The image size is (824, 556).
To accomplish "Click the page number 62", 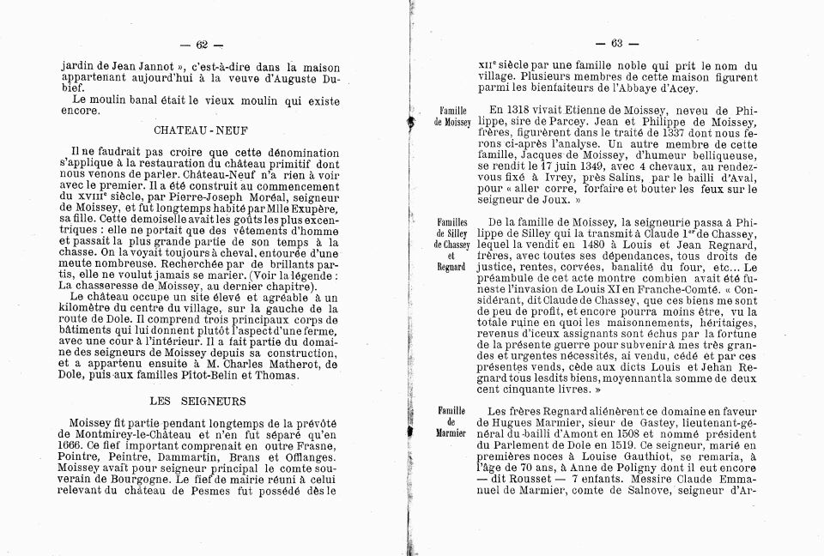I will (x=203, y=45).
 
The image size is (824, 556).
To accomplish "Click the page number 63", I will (x=616, y=44).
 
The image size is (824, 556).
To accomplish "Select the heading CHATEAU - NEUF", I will (x=197, y=130).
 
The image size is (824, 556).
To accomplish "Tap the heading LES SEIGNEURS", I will (x=197, y=400).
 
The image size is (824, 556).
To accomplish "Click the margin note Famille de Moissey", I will (x=451, y=118).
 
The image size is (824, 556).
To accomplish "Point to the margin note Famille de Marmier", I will (x=451, y=421).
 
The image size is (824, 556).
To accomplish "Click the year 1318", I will (x=525, y=111).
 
